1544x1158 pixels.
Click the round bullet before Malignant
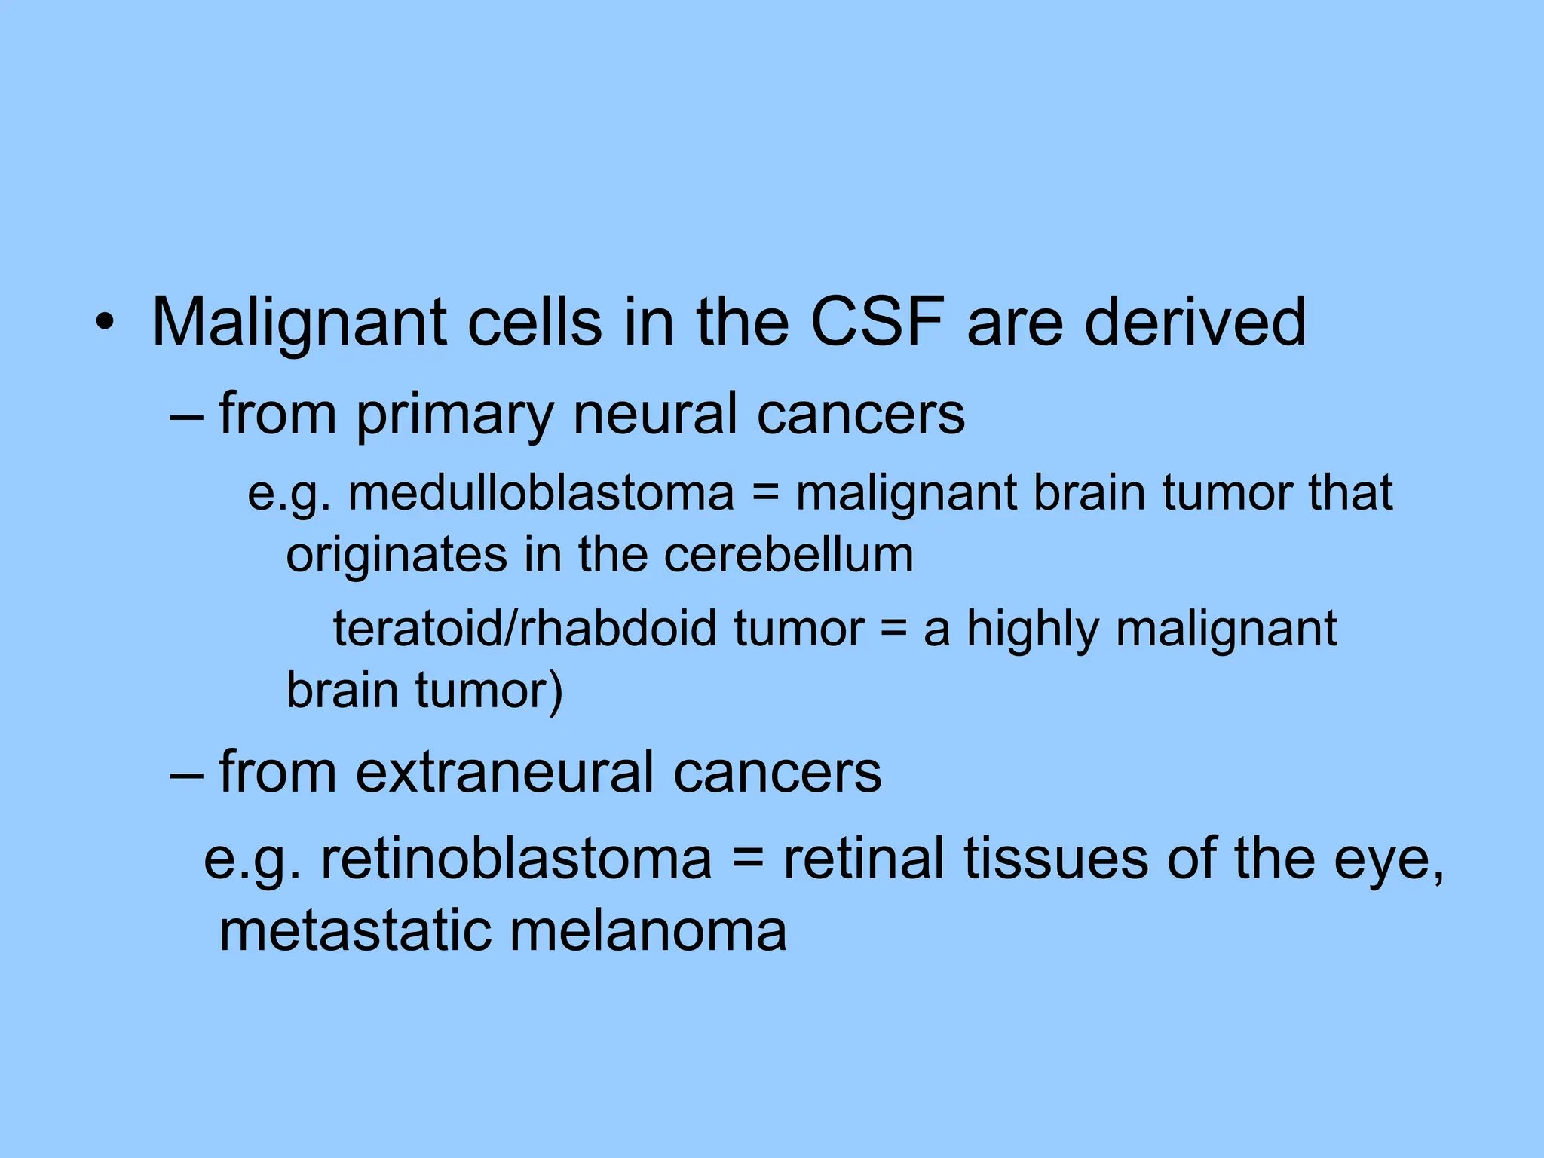(106, 324)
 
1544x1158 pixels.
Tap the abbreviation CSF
(878, 323)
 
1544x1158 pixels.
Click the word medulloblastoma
(541, 494)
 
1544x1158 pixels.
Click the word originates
(397, 556)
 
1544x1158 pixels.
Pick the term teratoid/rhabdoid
(524, 629)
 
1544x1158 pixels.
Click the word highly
(1033, 630)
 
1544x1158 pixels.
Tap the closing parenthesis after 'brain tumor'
(556, 692)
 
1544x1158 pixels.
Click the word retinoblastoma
(516, 859)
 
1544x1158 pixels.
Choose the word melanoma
(648, 931)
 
